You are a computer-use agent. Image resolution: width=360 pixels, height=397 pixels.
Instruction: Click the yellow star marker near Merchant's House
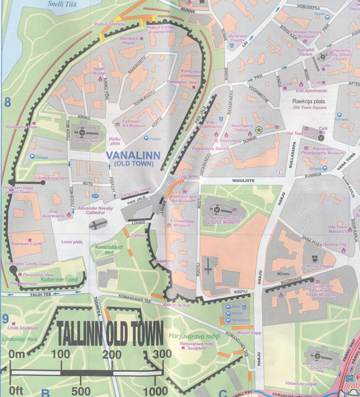pyautogui.click(x=259, y=129)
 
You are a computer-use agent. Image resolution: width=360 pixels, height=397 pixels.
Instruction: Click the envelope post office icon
pyautogui.click(x=94, y=196)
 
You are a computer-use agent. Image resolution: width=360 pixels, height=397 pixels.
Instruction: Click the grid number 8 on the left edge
pyautogui.click(x=7, y=103)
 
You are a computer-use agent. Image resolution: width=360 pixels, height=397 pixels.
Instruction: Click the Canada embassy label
pyautogui.click(x=41, y=157)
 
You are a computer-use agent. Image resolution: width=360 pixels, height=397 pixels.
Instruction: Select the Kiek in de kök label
pyautogui.click(x=176, y=306)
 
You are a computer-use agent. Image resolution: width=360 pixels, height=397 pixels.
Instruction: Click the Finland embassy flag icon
pyautogui.click(x=146, y=138)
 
